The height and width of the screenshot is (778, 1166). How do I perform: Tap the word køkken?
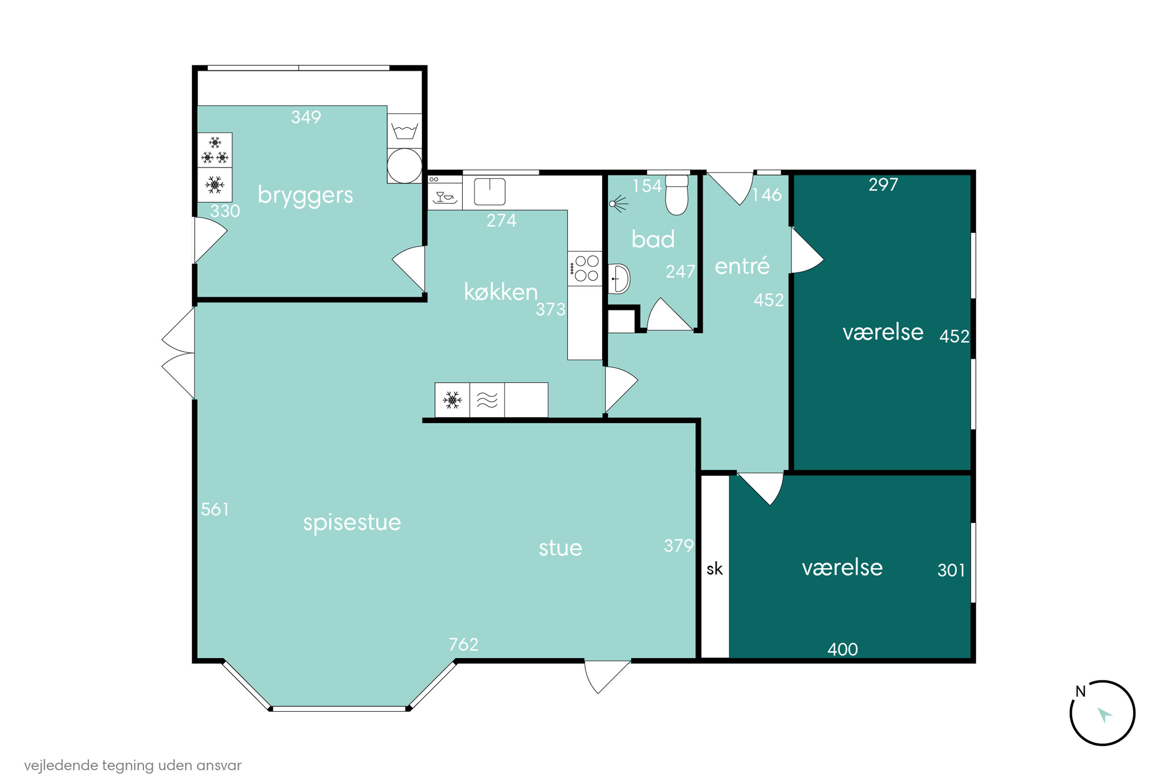500,292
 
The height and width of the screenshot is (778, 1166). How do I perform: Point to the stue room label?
560,548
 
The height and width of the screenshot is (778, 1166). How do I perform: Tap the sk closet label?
714,569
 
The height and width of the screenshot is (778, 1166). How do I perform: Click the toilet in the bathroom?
677,194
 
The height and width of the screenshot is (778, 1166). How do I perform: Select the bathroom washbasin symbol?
619,279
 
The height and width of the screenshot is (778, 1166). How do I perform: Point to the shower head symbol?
618,203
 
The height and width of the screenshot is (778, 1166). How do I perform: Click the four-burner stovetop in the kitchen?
585,268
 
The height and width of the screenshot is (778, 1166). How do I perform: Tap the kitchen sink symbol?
489,191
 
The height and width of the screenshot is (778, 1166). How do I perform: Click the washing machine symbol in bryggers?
404,131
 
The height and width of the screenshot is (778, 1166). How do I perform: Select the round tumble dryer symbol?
404,166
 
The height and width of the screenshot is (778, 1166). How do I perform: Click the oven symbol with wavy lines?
487,400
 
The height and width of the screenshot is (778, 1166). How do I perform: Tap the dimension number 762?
463,645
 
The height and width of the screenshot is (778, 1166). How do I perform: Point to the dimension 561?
215,510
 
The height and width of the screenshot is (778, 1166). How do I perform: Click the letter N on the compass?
1080,691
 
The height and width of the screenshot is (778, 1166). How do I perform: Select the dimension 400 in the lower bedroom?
842,650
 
